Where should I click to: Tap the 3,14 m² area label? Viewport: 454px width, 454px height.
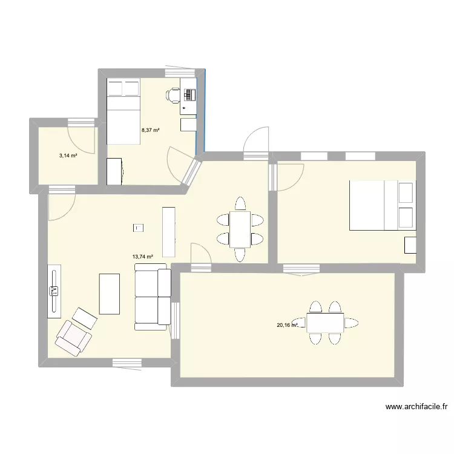pyautogui.click(x=68, y=156)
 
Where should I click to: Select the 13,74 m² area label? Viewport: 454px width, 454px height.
pyautogui.click(x=142, y=256)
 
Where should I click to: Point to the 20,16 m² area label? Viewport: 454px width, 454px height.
pyautogui.click(x=288, y=325)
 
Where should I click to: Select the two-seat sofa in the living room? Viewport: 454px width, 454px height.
pyautogui.click(x=153, y=297)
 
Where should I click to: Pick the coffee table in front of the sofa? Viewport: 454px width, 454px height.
pyautogui.click(x=110, y=294)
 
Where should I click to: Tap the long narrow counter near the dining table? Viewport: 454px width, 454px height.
pyautogui.click(x=168, y=231)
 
